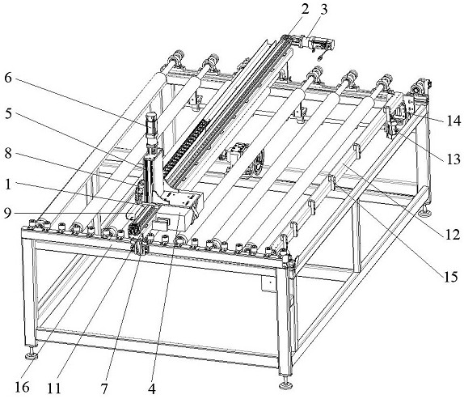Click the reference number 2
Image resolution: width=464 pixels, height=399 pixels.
305,9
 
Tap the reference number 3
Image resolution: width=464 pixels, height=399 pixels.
324,9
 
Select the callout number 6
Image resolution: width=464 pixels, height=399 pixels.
8,78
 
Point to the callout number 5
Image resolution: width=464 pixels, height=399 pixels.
8,113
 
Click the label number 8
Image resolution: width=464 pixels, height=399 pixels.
8,153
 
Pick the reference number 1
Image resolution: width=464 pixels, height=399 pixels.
8,185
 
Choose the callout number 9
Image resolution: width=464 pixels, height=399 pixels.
8,213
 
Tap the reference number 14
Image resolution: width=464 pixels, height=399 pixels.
453,121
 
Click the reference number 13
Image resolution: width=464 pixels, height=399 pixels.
453,159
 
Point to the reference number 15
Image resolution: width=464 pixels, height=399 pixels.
450,276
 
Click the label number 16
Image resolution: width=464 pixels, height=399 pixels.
22,387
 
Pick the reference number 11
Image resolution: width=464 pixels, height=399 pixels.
54,388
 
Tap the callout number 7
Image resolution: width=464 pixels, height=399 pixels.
103,388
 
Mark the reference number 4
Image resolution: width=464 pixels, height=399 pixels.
152,388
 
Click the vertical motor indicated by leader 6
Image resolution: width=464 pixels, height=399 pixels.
151,128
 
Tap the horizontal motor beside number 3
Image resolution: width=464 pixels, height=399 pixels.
321,44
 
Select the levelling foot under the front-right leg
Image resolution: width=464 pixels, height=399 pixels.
285,384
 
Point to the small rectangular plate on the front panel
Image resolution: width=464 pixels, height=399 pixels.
269,284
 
